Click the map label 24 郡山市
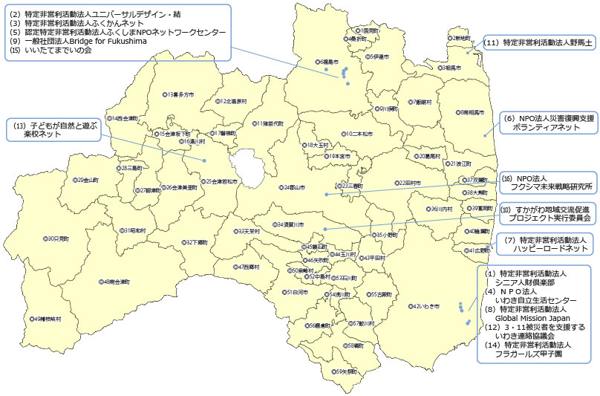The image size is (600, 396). pyautogui.click(x=292, y=187)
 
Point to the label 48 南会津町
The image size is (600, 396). pyautogui.click(x=115, y=282)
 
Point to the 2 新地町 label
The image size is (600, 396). pyautogui.click(x=458, y=37)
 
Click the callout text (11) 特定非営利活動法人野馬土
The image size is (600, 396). pyautogui.click(x=538, y=43)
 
